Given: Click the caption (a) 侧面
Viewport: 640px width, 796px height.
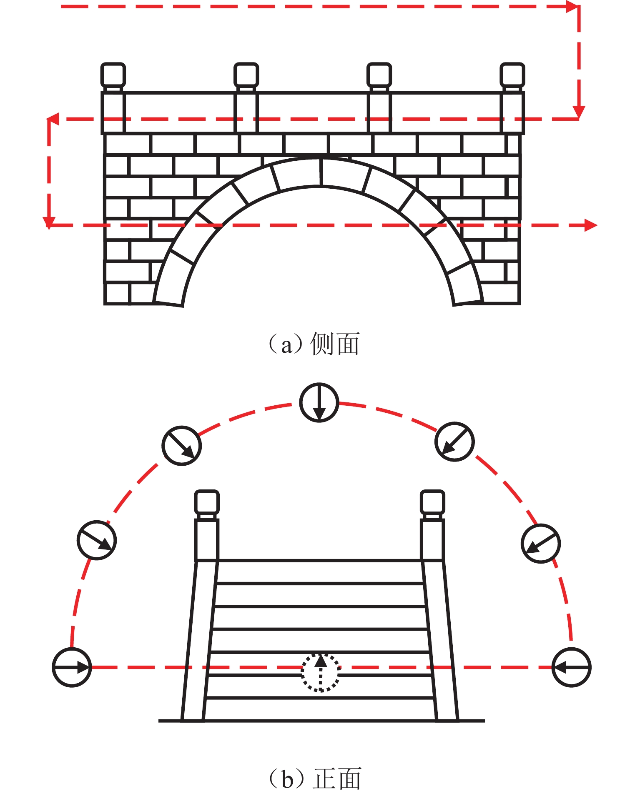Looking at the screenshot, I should click(314, 344).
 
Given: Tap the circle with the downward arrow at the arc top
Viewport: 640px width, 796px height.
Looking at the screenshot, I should click(319, 402).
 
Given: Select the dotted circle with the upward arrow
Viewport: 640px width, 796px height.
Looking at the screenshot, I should click(320, 672).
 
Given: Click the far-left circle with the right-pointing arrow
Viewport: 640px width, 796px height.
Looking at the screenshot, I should click(72, 667).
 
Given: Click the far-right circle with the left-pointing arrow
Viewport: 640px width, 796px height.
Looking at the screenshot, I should click(571, 667).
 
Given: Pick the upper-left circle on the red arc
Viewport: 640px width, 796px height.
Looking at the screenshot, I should click(181, 445).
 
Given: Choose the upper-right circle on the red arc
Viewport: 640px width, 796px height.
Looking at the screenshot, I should click(454, 442).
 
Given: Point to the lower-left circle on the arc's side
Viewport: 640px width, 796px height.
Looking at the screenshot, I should click(97, 540).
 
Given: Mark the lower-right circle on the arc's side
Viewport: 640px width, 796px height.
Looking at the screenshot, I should click(541, 544).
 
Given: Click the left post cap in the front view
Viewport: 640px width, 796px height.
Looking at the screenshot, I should click(207, 502).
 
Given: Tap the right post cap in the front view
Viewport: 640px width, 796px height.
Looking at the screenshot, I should click(432, 502).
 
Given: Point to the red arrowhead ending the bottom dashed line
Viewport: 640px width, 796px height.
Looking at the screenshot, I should click(591, 225).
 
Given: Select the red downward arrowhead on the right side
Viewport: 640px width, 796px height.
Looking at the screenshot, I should click(579, 112).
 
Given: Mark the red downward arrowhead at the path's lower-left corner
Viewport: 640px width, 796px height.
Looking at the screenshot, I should click(49, 222).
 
